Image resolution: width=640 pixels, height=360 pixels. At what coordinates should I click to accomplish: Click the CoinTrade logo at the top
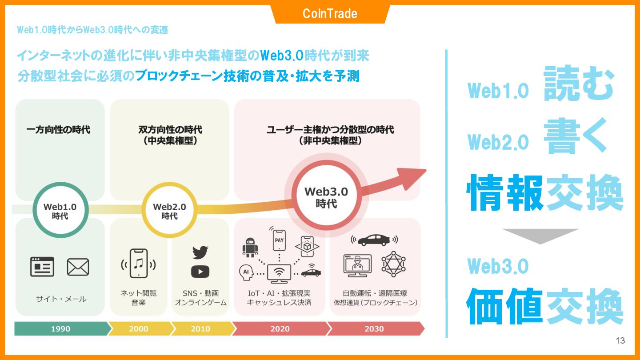point(330,14)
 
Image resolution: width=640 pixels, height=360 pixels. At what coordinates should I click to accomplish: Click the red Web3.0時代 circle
point(326,197)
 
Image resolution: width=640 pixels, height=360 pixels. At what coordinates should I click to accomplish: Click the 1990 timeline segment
point(61,329)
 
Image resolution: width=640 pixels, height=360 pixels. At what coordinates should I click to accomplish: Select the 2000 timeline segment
point(139,329)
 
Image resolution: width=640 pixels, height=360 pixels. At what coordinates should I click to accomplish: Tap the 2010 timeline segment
point(200,329)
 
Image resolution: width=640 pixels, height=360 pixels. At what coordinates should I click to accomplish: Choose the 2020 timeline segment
point(280,329)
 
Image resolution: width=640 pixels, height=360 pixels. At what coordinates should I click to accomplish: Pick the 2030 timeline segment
point(374,329)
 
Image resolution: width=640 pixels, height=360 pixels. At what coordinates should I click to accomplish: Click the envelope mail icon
point(78,267)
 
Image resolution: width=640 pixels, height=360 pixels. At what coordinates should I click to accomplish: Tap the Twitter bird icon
point(200,252)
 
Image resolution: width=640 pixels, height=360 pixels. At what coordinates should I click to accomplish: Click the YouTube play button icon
point(200,271)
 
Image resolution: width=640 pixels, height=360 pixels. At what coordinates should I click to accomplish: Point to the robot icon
point(250,248)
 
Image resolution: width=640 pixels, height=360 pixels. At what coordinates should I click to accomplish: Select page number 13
point(620,341)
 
